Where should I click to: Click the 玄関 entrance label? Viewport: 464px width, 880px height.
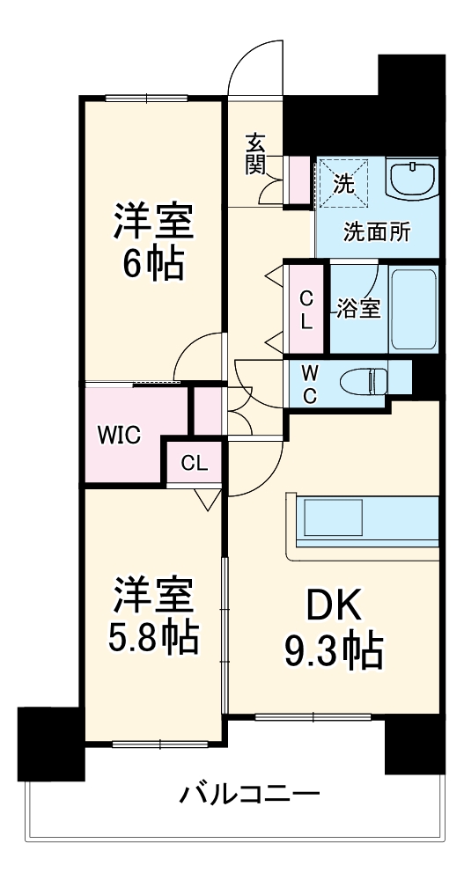coord(255,153)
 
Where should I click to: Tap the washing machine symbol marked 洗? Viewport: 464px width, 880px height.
coord(342,182)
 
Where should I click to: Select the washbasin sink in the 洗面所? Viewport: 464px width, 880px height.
coord(412,180)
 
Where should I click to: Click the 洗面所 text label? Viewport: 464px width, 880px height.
coord(376,233)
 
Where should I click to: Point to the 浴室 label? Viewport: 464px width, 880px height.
coord(358,309)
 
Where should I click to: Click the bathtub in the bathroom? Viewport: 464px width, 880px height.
coord(413,307)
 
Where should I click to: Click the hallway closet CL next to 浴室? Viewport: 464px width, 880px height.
coord(306,309)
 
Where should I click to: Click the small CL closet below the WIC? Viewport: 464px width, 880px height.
coord(195,463)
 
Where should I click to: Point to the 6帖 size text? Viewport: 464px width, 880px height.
coord(151,265)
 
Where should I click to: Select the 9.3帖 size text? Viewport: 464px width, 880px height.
coord(332,651)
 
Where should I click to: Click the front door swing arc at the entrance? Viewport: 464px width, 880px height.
coord(255,66)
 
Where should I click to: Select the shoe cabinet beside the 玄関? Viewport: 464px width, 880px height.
coord(300,180)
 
